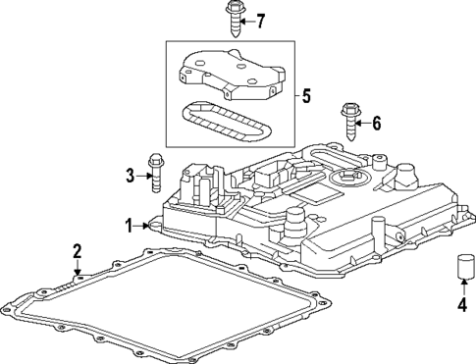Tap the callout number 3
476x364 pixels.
pyautogui.click(x=130, y=176)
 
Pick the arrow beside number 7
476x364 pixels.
pyautogui.click(x=246, y=20)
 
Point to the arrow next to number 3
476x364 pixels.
pyautogui.click(x=142, y=176)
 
